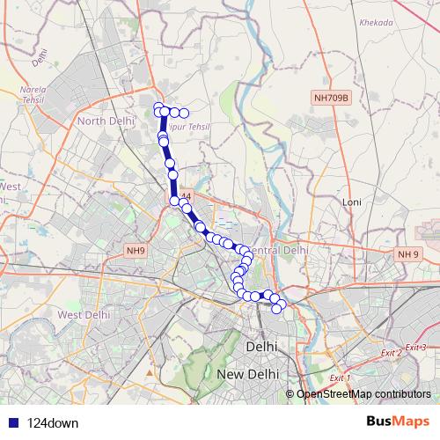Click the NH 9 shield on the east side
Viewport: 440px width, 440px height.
(x=407, y=254)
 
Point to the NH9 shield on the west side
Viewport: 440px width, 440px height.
(x=135, y=251)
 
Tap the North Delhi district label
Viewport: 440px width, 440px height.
(x=105, y=121)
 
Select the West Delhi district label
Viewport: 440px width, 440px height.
(x=84, y=314)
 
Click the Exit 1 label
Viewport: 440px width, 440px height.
(x=337, y=378)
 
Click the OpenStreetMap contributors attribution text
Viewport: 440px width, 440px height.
(x=363, y=394)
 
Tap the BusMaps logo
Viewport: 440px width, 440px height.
(x=398, y=422)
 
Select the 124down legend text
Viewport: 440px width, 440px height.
(x=53, y=423)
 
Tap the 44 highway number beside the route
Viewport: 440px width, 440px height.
(x=185, y=195)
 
